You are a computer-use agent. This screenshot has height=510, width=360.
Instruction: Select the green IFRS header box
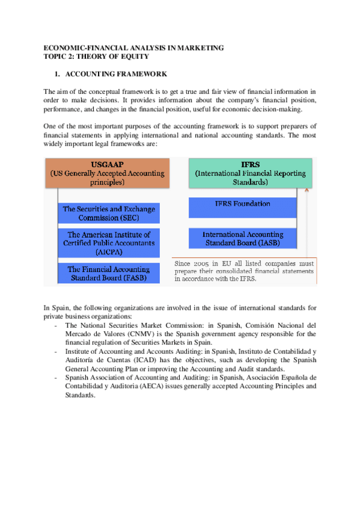tap(250, 173)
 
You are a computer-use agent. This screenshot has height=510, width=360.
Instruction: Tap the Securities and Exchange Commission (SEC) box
tap(109, 214)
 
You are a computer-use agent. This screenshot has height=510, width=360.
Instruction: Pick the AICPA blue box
tap(109, 243)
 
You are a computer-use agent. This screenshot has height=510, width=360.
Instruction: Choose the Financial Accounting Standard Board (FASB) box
tap(109, 274)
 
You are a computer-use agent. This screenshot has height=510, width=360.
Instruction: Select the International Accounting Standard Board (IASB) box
tap(242, 239)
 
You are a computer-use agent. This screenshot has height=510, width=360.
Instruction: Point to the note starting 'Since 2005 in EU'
tap(243, 271)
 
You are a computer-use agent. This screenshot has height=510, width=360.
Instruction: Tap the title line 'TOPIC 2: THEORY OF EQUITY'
tap(96, 56)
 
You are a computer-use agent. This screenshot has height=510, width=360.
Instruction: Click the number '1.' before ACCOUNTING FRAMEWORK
tap(56, 74)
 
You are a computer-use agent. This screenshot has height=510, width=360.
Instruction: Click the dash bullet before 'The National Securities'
tap(56, 325)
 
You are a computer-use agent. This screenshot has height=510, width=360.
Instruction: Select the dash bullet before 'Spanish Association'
tap(56, 377)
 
